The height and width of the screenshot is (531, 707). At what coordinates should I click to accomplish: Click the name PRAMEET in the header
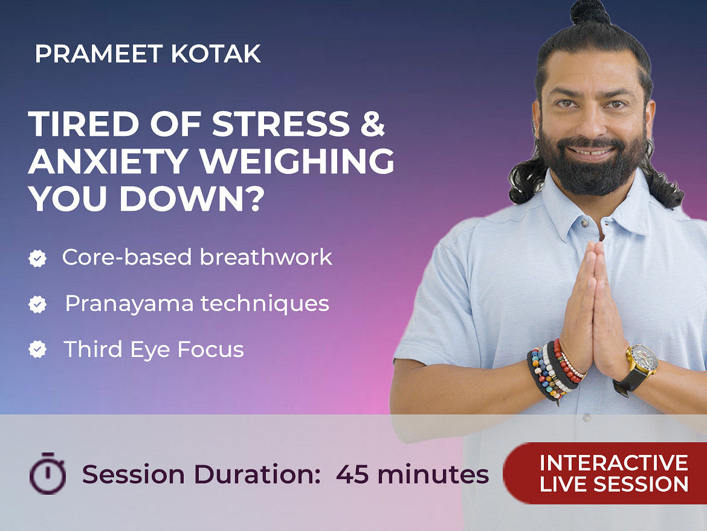click(x=98, y=54)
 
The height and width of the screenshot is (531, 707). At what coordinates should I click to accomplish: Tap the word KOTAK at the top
click(x=216, y=54)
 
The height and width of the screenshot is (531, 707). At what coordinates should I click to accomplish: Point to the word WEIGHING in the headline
click(x=297, y=161)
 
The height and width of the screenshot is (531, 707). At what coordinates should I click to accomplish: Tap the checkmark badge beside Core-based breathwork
click(x=37, y=259)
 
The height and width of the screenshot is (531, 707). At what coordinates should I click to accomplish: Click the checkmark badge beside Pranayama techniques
click(x=37, y=304)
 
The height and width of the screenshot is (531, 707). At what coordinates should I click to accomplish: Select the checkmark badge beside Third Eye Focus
click(x=37, y=349)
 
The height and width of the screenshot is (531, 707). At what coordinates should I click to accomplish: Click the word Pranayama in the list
click(x=129, y=304)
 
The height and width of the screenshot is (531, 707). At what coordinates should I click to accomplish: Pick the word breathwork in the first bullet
click(x=266, y=257)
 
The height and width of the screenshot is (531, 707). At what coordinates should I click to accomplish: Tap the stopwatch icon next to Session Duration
click(x=47, y=473)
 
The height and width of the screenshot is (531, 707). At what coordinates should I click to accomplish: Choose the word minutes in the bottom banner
click(x=433, y=474)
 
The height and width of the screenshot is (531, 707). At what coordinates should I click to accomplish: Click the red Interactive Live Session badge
click(x=605, y=473)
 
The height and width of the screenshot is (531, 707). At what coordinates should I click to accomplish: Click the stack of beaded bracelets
click(x=555, y=370)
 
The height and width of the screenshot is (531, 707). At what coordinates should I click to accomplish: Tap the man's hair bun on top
click(x=590, y=13)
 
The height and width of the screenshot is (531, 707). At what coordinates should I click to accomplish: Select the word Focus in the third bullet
click(x=210, y=349)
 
